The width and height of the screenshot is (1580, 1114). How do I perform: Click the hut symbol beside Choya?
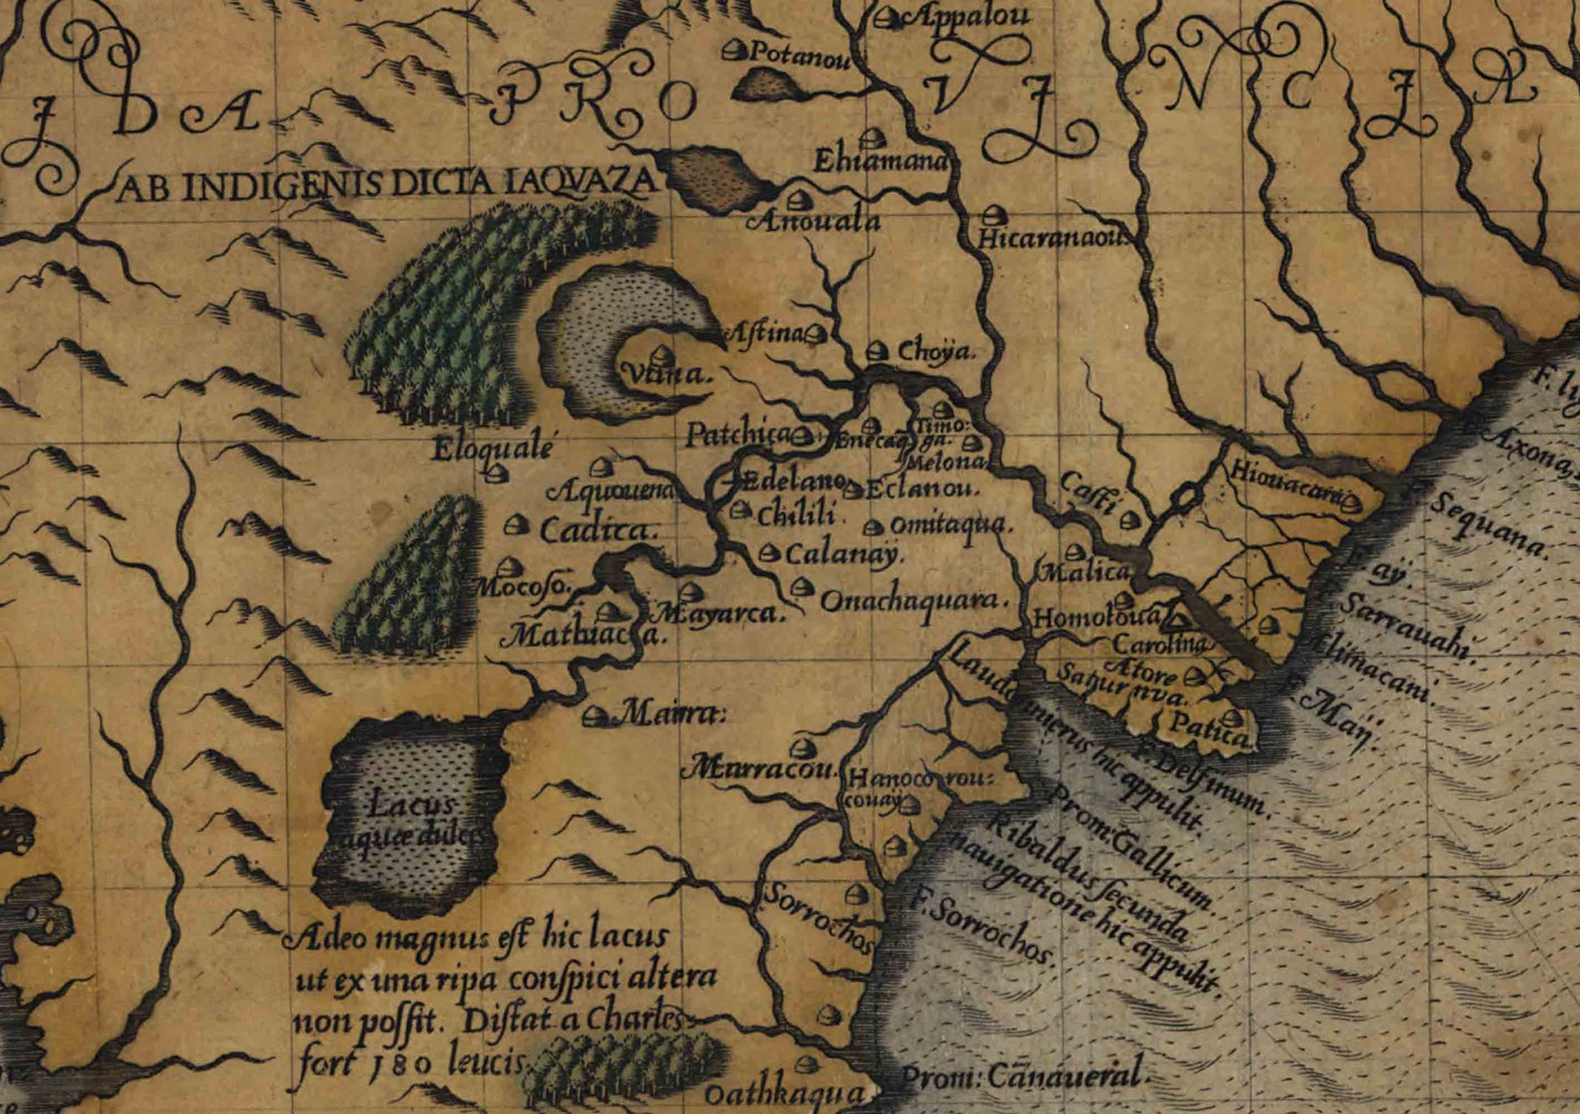(876, 350)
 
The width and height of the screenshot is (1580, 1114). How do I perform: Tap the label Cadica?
(599, 530)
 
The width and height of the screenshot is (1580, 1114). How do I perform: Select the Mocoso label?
(522, 588)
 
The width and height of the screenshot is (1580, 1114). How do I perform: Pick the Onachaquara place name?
(913, 601)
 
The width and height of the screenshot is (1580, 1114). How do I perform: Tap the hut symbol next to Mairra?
(597, 714)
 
